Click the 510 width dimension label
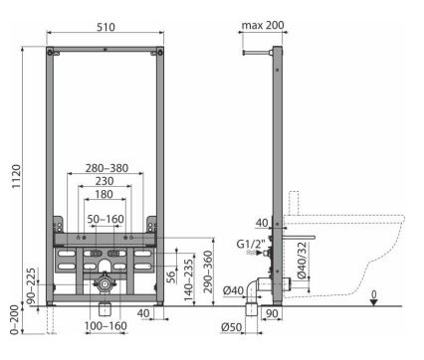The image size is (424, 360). click(106, 27)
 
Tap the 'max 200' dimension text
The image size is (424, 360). click(263, 25)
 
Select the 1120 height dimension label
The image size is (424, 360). click(16, 176)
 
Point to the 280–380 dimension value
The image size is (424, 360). click(106, 168)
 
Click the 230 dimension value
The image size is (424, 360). click(105, 181)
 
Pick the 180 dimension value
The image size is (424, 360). click(105, 194)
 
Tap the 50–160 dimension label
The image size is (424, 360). click(106, 219)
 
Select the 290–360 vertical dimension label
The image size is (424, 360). click(208, 271)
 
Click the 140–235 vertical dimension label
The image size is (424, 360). click(188, 280)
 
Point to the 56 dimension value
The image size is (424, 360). click(170, 276)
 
